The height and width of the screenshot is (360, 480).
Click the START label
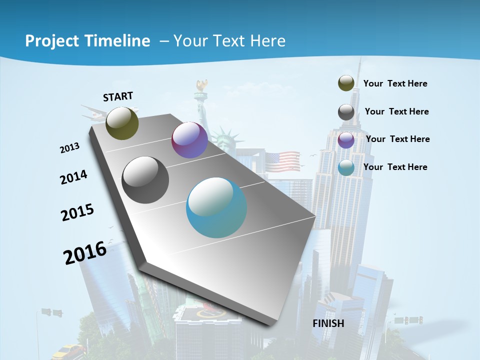coord(118,96)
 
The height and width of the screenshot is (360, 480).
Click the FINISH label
coord(328,323)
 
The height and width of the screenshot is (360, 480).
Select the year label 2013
coord(69,148)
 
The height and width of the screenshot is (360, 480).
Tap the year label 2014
coord(73,177)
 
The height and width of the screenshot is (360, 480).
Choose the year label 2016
coord(85,253)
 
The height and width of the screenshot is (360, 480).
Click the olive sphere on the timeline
coord(122,123)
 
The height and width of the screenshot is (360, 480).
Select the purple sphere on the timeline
coord(189,140)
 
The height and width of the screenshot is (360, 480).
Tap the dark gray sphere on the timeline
coord(145,180)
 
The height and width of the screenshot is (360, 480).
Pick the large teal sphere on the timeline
coord(216,207)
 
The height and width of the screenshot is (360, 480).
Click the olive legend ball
coord(346,83)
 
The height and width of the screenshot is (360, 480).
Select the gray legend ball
coord(346,112)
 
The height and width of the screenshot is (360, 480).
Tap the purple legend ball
coord(346,140)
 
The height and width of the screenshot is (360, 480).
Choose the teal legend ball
coord(346,168)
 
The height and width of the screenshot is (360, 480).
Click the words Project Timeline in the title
coord(87,41)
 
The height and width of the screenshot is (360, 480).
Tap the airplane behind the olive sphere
coord(93,114)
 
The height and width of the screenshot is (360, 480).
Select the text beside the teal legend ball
coord(395,167)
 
